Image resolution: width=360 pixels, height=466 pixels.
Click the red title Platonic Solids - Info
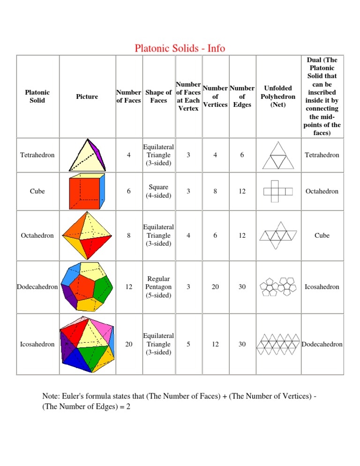point(180,48)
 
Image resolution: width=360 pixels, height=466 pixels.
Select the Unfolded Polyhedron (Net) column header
point(278,96)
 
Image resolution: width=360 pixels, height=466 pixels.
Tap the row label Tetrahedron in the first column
point(37,155)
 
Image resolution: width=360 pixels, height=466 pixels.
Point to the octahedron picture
point(87,235)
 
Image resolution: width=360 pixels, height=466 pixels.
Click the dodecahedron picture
point(87,286)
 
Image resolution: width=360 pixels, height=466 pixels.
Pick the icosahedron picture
point(87,344)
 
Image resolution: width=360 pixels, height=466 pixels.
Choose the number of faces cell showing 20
point(128,344)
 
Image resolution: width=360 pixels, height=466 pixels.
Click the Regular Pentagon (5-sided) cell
point(158,286)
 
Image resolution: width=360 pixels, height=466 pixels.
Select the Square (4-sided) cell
point(158,191)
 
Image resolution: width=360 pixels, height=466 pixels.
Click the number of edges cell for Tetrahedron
point(242,155)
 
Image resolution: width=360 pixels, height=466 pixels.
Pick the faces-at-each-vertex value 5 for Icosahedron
point(188,344)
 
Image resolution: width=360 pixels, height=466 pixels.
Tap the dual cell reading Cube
point(322,235)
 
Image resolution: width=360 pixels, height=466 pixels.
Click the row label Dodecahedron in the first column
point(37,286)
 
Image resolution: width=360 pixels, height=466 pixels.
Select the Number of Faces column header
point(128,96)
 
